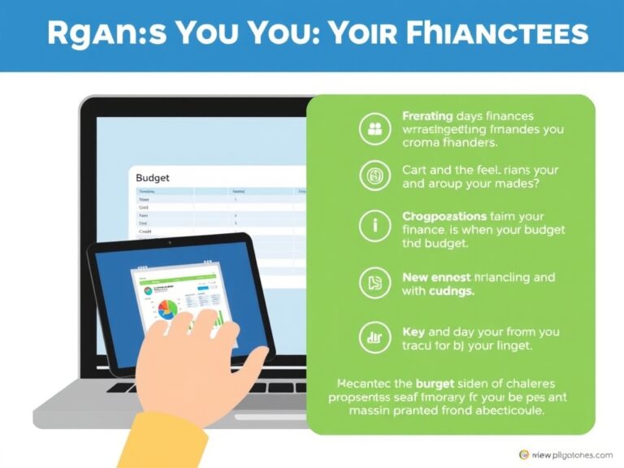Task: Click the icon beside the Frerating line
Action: [375, 128]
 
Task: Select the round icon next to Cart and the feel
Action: [375, 175]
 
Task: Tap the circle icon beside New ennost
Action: [375, 281]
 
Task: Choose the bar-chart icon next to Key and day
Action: [375, 338]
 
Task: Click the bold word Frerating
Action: [427, 116]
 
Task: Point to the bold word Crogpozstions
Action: [444, 217]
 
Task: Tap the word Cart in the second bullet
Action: [415, 170]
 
